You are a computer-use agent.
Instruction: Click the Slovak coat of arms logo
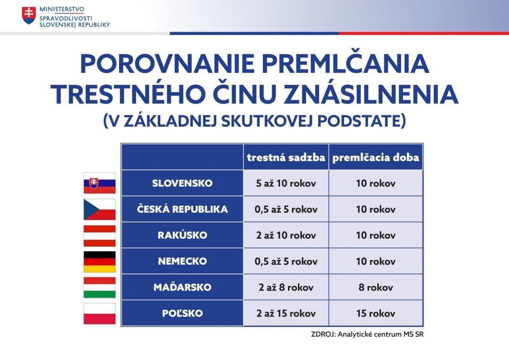(29, 16)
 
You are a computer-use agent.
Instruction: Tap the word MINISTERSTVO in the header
(62, 9)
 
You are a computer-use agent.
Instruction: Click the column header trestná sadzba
(286, 158)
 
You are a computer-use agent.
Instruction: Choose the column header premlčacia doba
(376, 158)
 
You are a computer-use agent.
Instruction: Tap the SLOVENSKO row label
(182, 183)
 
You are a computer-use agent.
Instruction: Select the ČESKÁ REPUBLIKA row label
(182, 209)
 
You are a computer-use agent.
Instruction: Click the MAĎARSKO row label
(182, 287)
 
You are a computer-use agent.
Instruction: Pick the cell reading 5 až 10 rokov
(286, 183)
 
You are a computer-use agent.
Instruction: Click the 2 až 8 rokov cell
(286, 288)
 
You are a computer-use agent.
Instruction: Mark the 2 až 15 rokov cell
(286, 313)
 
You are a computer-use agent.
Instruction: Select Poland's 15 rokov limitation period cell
(376, 313)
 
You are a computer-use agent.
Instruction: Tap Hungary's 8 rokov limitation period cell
(376, 288)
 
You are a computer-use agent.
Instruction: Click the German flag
(99, 262)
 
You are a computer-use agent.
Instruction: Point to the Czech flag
(99, 209)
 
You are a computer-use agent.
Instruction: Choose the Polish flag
(99, 313)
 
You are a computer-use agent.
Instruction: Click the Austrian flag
(99, 235)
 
